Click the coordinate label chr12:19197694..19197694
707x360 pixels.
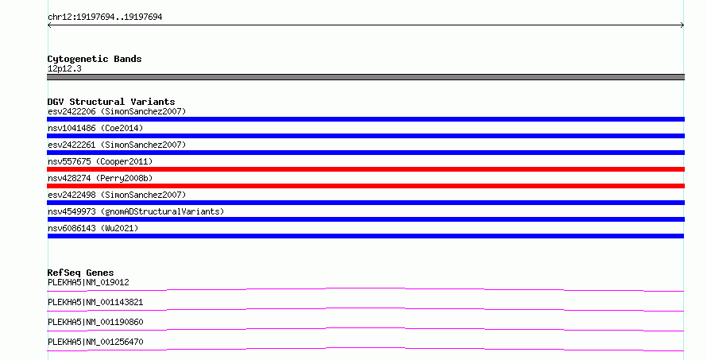[105, 17]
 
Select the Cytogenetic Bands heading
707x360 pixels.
[95, 59]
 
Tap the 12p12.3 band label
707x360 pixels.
[64, 69]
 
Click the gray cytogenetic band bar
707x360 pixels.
[365, 77]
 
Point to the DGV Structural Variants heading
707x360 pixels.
[111, 102]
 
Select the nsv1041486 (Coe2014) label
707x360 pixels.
[95, 128]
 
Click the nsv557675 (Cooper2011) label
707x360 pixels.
[100, 161]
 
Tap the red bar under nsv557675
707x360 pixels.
[365, 169]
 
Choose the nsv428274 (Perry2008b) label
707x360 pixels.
[100, 178]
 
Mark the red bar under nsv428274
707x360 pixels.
[365, 186]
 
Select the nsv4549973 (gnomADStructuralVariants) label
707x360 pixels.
[136, 211]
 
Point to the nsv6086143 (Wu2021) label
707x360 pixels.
[93, 228]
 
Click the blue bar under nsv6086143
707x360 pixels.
[365, 236]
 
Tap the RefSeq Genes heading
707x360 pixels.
[80, 273]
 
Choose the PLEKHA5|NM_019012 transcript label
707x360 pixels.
[88, 282]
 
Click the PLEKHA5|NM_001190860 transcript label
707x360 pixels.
[95, 322]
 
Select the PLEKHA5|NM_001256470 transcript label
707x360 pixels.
[95, 342]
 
